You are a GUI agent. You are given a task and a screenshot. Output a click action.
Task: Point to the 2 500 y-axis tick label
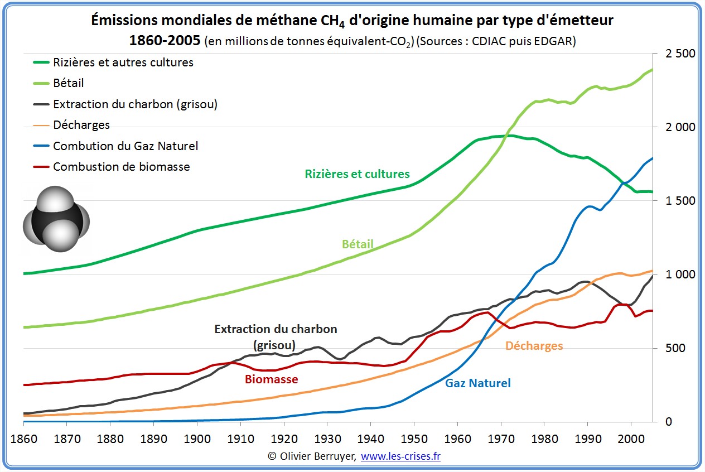point(677,54)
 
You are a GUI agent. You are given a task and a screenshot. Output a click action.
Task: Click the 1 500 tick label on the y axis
point(677,201)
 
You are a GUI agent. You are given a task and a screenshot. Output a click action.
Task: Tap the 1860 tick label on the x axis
point(23,437)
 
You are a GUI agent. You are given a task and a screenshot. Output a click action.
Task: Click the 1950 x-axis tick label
point(414,437)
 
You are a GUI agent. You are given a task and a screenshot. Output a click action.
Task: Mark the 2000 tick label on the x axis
point(630,437)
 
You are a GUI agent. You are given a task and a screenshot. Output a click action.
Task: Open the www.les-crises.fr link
point(400,456)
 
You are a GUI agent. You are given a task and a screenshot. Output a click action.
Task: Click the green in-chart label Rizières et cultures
point(357,174)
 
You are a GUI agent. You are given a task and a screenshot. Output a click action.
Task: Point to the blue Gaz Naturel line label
point(477,383)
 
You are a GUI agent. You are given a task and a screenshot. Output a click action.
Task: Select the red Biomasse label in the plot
point(271,379)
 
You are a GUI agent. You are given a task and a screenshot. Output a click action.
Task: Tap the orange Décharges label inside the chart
point(534,346)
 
